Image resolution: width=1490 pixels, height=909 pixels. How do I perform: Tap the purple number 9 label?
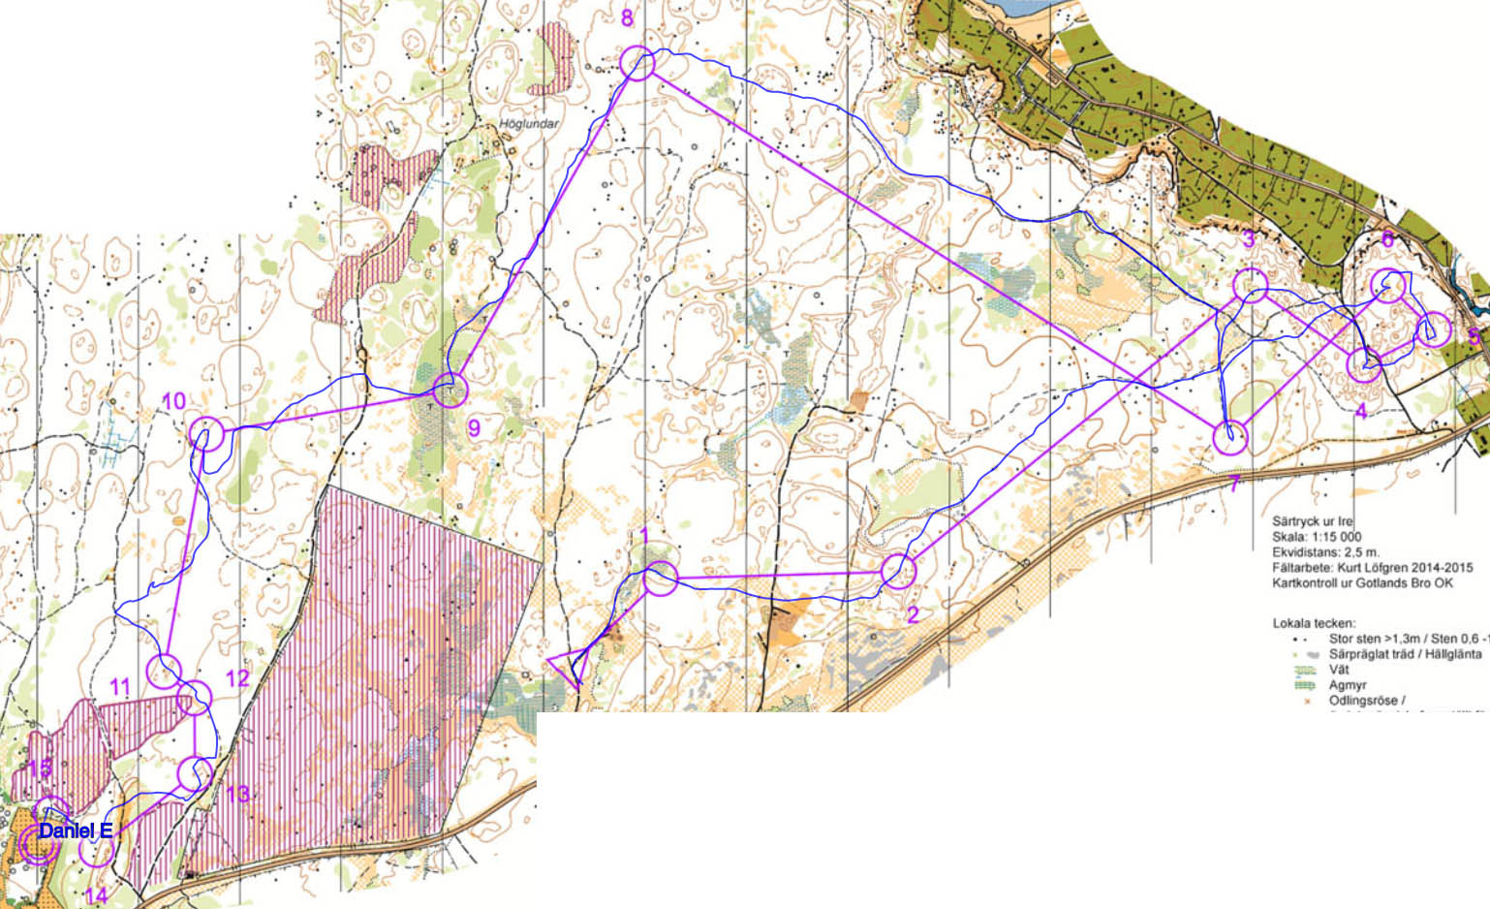[474, 427]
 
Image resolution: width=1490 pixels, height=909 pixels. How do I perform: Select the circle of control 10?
[206, 434]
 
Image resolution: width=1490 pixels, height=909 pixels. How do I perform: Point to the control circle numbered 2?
[898, 571]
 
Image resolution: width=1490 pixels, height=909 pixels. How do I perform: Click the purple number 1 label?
[644, 536]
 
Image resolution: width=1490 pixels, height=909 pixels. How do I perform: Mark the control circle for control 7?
[1230, 437]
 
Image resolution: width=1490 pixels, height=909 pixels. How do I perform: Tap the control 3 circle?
[1251, 286]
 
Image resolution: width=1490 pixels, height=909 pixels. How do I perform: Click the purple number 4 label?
[1360, 411]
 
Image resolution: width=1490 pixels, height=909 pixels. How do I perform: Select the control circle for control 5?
[1433, 329]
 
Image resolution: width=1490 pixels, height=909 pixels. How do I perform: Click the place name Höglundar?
[529, 124]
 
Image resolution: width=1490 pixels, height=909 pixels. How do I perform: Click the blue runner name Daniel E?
[76, 831]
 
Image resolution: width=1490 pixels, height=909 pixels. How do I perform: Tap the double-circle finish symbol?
[36, 835]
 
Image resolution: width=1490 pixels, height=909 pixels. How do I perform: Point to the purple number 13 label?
[237, 795]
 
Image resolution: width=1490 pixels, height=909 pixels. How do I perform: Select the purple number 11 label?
[119, 687]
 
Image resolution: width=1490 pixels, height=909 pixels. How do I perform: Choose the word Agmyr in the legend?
[1348, 685]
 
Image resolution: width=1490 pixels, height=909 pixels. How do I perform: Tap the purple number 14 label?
[95, 894]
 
